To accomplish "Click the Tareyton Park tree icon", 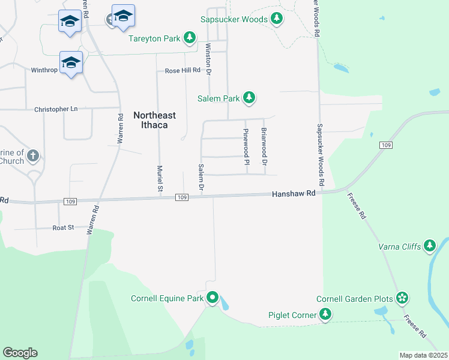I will [190, 38].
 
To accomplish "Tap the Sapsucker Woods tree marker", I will [276, 19].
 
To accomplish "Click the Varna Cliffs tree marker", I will [429, 246].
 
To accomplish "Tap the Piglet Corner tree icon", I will [325, 314].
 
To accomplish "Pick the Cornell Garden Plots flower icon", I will [402, 299].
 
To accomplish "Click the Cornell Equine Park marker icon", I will [212, 298].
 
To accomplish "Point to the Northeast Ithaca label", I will [150, 120].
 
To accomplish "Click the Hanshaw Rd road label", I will [294, 194].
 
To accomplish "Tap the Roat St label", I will [63, 227].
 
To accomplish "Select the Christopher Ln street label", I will [56, 109].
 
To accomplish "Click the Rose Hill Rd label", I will [182, 71].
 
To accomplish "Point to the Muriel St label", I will [160, 179].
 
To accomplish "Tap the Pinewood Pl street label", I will [246, 146].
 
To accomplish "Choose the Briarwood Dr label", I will [264, 146].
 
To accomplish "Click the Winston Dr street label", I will [209, 59].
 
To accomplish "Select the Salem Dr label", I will [202, 178].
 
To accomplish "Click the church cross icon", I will [33, 157].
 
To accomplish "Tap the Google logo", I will [20, 353].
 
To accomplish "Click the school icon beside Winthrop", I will [71, 62].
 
